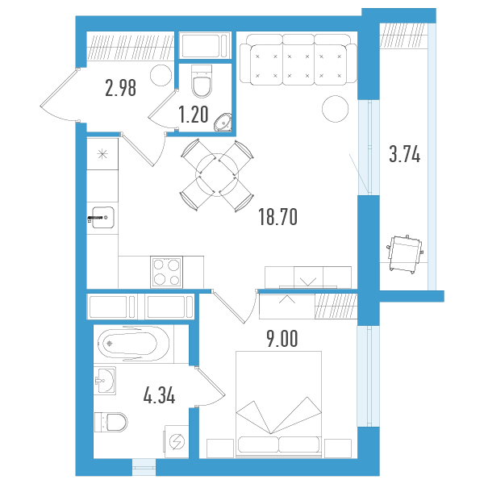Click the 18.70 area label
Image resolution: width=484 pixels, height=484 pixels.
coord(277,217)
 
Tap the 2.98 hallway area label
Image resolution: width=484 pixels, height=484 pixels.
coord(120,88)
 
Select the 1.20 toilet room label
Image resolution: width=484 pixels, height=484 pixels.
coord(194,115)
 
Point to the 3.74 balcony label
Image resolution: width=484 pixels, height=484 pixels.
coord(405,154)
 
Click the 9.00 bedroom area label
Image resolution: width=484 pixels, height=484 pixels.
coord(282,339)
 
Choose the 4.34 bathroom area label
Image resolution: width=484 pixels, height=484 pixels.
coord(159,396)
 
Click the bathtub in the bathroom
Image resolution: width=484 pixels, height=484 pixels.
coord(133,344)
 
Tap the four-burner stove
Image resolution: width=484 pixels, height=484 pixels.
coord(166,272)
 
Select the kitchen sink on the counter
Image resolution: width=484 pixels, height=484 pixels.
coord(102,217)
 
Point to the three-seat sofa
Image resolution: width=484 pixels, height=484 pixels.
coord(298,59)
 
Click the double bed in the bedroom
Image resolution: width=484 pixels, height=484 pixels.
coord(279,404)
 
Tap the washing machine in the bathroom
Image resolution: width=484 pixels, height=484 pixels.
coord(177,441)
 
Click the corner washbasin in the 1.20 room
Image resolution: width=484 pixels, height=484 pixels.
coord(223,123)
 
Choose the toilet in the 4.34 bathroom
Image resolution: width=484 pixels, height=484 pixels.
coord(111,422)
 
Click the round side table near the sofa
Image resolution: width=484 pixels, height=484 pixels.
coord(336,109)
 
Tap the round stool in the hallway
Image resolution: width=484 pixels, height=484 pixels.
coord(161,75)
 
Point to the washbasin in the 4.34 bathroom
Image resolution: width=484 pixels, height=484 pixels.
coord(105,381)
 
